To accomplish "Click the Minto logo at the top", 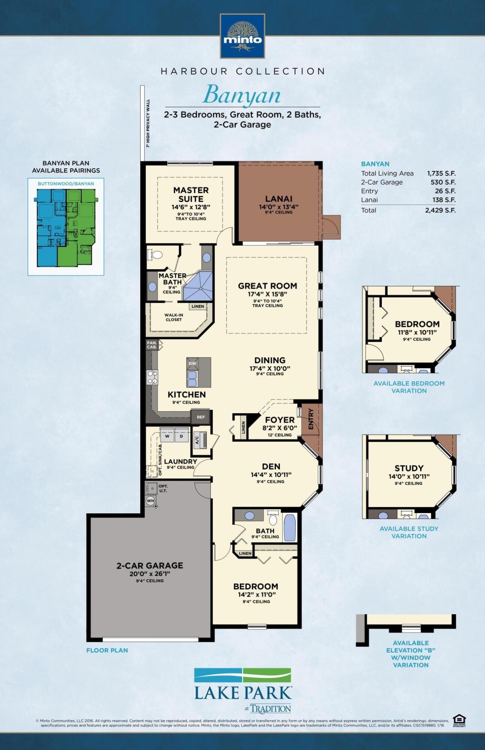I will click(242, 36).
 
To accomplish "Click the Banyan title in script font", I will click(242, 95).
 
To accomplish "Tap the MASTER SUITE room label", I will click(191, 194).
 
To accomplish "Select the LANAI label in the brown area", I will click(278, 199).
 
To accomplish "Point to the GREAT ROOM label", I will click(268, 286).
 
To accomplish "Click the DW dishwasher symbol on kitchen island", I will click(192, 363).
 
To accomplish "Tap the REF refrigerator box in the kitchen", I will click(201, 417).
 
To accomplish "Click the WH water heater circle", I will click(150, 501).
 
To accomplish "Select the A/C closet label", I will click(197, 440).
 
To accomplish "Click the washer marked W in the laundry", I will click(167, 436).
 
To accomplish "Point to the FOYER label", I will click(280, 420).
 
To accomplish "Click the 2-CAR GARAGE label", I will click(150, 565).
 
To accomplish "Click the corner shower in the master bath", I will click(198, 286).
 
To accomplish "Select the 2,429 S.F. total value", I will click(440, 210).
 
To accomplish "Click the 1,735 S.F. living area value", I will click(441, 173).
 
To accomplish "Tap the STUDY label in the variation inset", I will click(409, 468).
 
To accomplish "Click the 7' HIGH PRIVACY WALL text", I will click(148, 123).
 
